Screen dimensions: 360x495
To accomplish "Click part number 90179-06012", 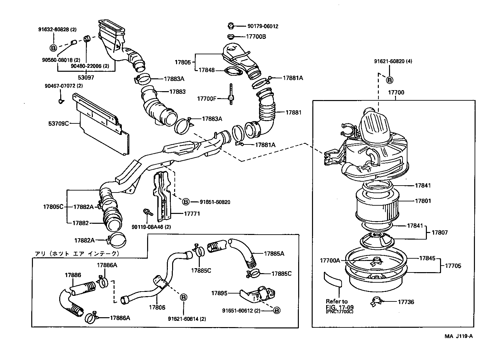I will click(x=263, y=26).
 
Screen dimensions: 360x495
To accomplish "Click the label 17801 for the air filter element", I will click(x=423, y=201).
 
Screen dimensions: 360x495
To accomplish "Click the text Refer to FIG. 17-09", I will click(x=337, y=304).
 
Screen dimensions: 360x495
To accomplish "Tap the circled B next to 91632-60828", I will click(x=53, y=48).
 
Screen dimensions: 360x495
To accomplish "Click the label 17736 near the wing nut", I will click(x=406, y=302).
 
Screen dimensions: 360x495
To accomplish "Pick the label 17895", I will click(x=220, y=293).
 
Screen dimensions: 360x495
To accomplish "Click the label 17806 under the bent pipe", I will click(x=157, y=307).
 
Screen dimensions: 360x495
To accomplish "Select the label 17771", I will click(x=192, y=214).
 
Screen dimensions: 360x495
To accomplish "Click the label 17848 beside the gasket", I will click(x=206, y=70).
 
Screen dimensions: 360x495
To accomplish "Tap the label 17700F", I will click(x=206, y=98).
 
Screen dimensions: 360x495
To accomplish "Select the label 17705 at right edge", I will click(x=453, y=266).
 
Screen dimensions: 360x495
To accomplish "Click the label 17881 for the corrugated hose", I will click(x=293, y=112).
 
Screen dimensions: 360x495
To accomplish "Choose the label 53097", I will click(x=86, y=78).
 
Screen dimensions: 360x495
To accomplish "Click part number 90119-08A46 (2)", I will click(x=151, y=227).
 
